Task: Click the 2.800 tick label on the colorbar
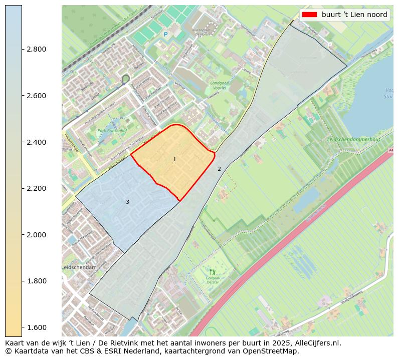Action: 37,49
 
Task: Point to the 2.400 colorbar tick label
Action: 37,142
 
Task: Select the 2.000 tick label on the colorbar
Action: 37,235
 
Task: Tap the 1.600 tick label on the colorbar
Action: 37,327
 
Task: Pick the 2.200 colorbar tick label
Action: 37,188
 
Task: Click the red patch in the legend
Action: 309,15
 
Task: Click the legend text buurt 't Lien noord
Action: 354,15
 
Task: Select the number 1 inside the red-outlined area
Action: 174,159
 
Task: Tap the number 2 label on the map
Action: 219,169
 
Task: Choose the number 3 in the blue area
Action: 127,202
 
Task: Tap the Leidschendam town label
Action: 79,268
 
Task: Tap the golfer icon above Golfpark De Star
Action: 213,273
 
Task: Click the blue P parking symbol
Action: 165,35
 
